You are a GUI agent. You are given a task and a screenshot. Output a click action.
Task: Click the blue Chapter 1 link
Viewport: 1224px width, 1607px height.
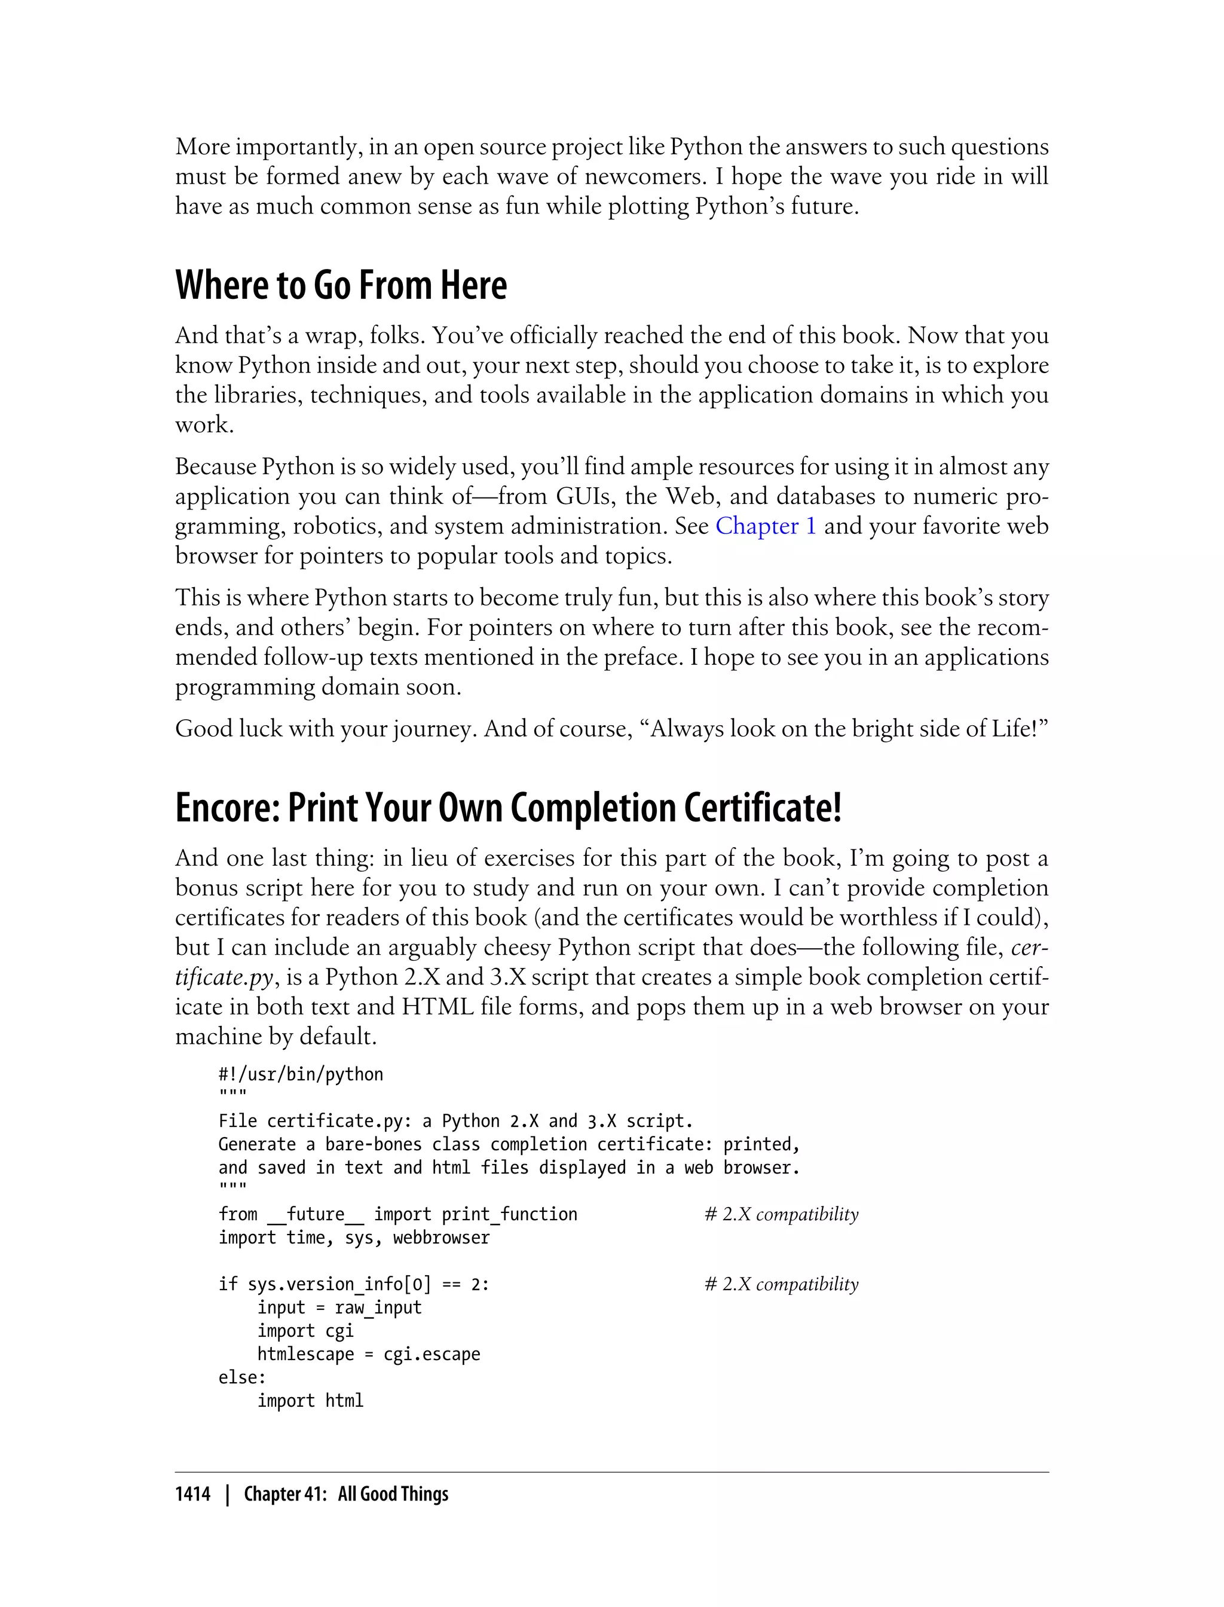click(x=765, y=526)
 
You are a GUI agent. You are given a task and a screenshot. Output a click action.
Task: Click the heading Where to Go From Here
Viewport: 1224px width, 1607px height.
click(x=341, y=286)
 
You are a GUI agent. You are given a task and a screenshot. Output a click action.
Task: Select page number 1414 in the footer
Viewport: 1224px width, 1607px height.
click(x=192, y=1494)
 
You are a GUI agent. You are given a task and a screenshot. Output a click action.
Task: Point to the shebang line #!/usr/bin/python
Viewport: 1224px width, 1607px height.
click(x=300, y=1074)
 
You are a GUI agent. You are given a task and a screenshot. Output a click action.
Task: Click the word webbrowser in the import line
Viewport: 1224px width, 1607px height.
click(x=441, y=1238)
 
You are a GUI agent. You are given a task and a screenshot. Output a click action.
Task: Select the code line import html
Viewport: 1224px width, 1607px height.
click(x=310, y=1401)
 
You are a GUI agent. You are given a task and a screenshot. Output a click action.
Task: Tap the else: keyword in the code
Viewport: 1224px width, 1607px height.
click(x=242, y=1377)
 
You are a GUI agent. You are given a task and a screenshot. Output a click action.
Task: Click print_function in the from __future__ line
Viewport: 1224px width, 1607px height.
click(x=509, y=1214)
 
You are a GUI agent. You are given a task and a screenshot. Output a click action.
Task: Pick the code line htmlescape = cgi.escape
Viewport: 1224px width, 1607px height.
click(x=369, y=1354)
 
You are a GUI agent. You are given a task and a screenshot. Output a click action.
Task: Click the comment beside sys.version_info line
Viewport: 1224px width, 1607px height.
click(x=781, y=1284)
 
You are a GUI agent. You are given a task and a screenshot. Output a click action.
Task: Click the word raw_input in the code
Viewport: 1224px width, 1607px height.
click(x=378, y=1307)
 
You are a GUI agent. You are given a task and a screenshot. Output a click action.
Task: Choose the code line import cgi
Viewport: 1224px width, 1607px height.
click(x=305, y=1331)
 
